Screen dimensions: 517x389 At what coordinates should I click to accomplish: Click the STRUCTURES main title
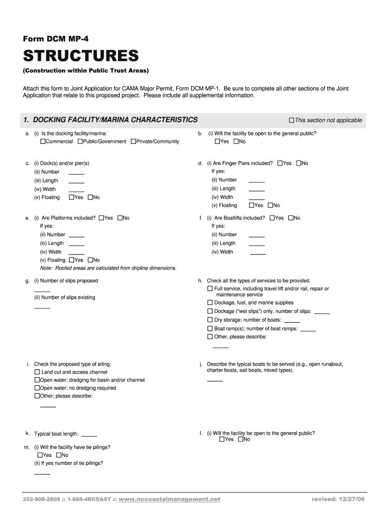click(x=80, y=55)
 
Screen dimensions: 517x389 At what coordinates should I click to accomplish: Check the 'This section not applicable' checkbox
click(x=291, y=120)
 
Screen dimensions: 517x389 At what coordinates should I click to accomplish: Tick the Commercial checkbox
click(x=43, y=141)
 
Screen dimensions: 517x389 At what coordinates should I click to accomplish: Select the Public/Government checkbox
click(x=80, y=141)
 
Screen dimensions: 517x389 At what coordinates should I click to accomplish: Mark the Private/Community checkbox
click(x=133, y=141)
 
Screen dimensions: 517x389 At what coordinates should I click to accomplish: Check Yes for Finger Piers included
click(x=280, y=163)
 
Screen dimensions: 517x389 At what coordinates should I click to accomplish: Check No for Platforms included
click(x=120, y=218)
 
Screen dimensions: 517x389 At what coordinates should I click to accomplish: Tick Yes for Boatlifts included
click(x=272, y=218)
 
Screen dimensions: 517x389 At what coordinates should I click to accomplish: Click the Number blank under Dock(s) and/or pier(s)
click(x=76, y=173)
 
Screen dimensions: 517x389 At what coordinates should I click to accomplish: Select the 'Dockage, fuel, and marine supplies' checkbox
click(x=210, y=303)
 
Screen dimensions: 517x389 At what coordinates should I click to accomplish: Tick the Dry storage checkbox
click(x=210, y=320)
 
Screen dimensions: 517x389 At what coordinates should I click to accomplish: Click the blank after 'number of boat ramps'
click(x=308, y=330)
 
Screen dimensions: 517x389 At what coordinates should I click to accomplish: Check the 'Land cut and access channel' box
click(x=37, y=372)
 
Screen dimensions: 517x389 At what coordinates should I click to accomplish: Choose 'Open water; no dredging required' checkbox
click(x=37, y=388)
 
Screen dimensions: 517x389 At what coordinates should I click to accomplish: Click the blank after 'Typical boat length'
click(x=89, y=435)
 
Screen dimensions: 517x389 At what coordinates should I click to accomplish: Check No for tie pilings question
click(x=59, y=455)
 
